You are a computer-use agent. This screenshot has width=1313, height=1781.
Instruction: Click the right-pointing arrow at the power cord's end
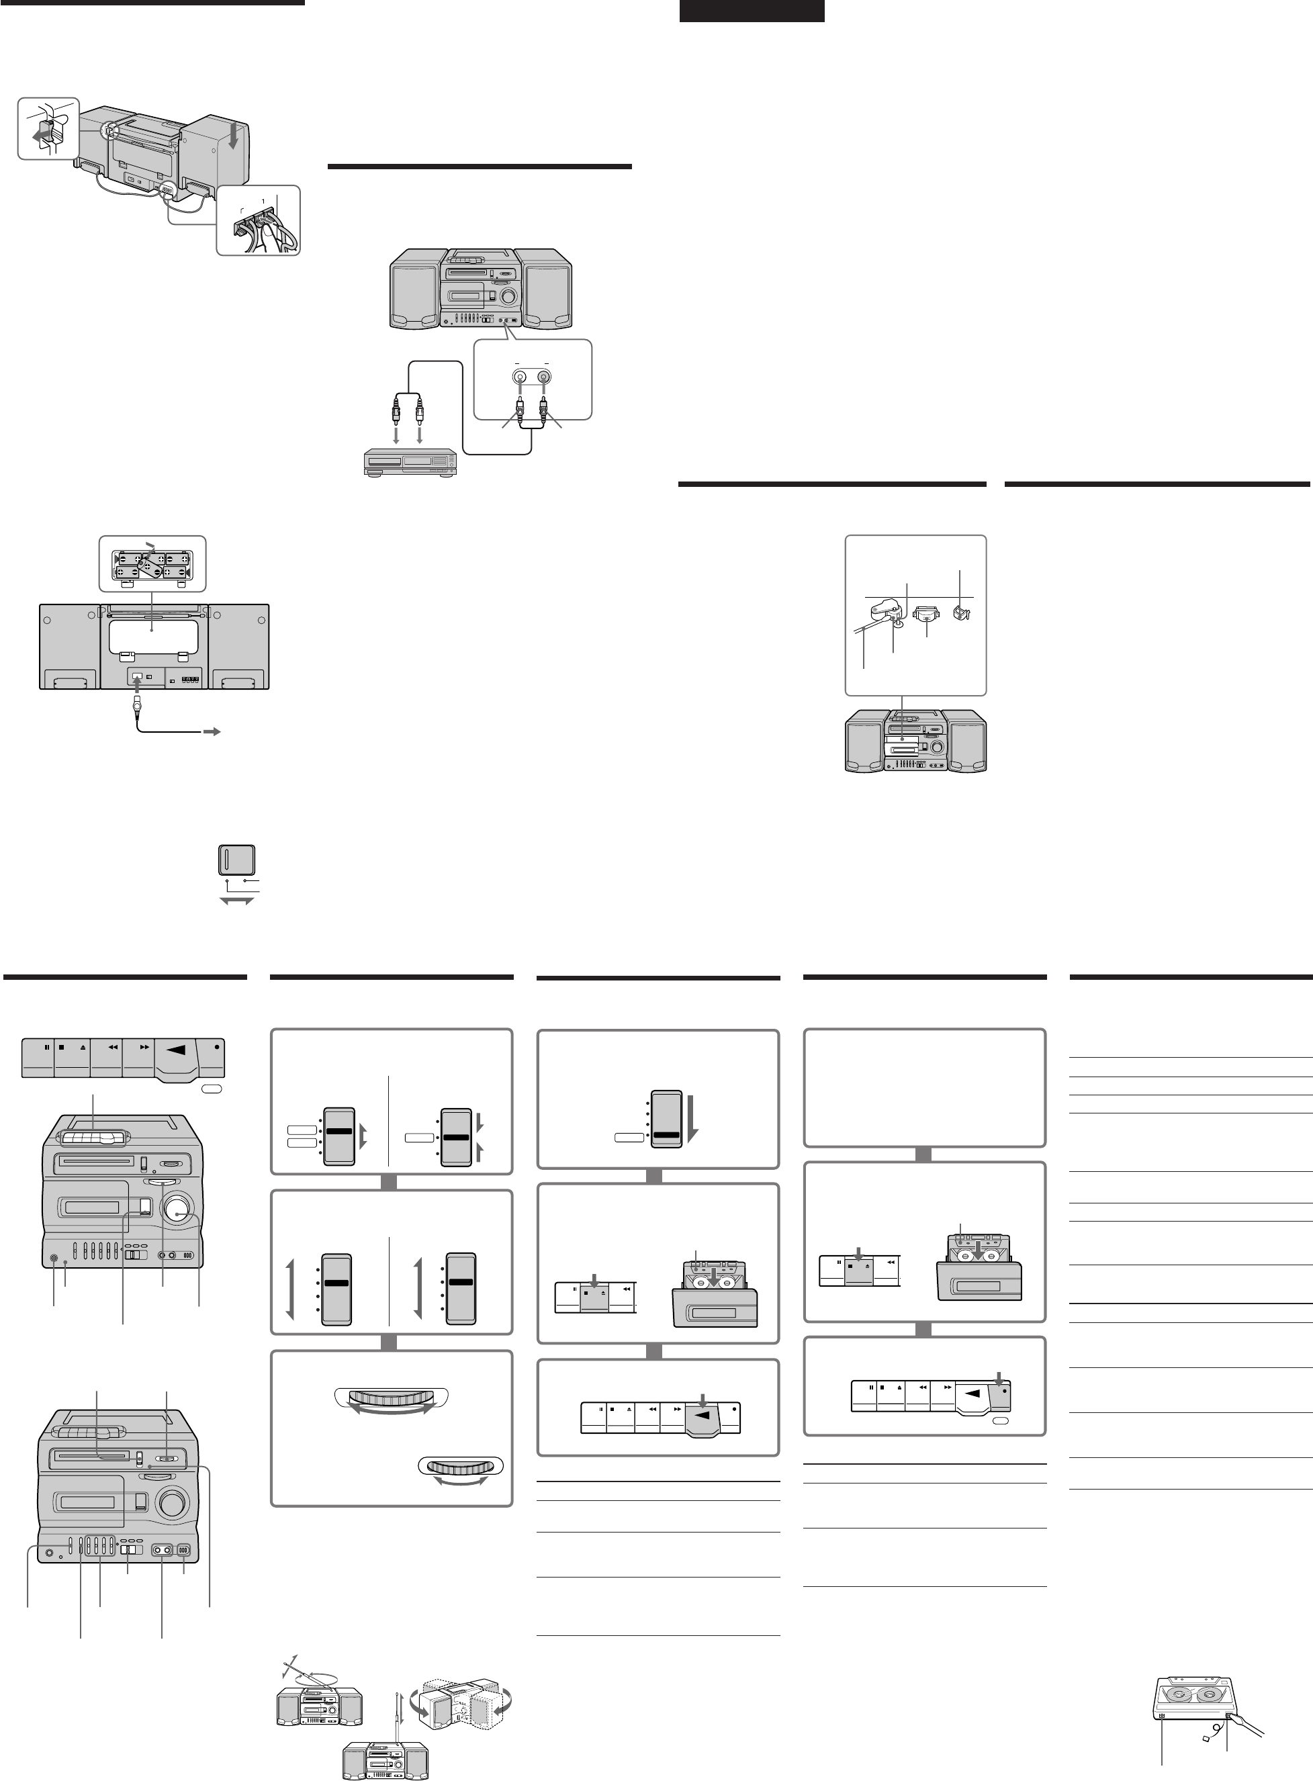click(x=212, y=731)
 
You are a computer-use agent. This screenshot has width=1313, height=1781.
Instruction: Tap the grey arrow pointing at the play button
click(x=702, y=1399)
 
